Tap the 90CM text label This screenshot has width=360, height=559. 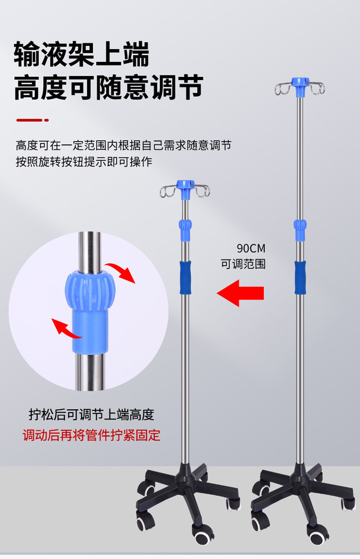coord(251,249)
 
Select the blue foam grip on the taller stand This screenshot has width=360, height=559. coord(300,277)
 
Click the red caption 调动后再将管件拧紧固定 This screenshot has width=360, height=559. coord(92,436)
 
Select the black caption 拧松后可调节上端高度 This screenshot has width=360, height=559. coord(91,415)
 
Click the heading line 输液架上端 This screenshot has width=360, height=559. coord(82,54)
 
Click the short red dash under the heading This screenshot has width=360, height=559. coord(32,120)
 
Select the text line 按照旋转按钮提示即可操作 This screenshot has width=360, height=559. coord(84,162)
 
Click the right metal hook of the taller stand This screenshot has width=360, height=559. coord(317,88)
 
